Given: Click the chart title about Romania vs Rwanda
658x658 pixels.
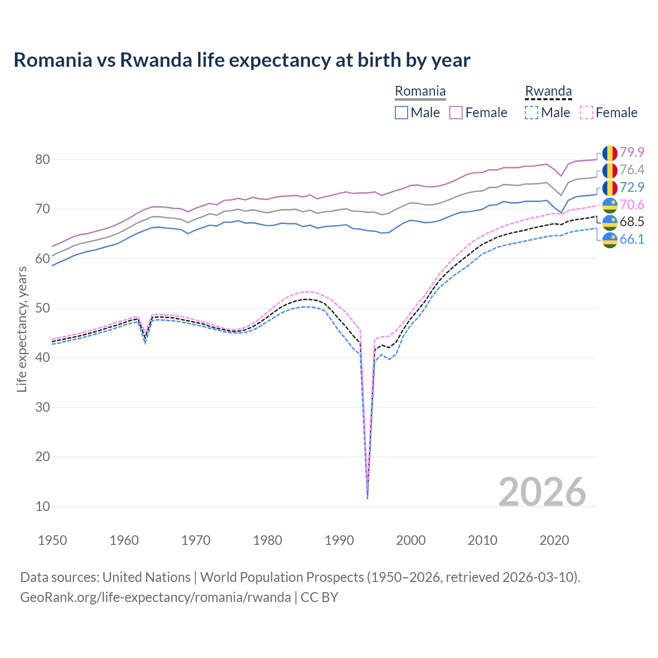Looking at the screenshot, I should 242,60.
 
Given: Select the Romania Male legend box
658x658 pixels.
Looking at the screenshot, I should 401,113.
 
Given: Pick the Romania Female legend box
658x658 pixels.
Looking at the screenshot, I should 456,113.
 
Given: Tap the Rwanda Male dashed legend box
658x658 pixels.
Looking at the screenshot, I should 532,113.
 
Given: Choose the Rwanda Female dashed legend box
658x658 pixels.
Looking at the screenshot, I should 586,113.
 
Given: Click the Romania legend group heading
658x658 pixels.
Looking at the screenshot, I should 420,92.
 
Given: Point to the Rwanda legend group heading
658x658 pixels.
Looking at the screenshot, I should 548,92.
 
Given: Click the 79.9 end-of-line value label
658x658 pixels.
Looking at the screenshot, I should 632,152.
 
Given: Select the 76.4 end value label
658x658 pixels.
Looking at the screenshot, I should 632,170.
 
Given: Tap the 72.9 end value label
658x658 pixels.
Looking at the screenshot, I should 632,187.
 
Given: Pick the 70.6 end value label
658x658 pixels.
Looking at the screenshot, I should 632,205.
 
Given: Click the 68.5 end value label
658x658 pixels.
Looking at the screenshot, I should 632,222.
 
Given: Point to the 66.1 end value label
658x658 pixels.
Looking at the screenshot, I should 632,239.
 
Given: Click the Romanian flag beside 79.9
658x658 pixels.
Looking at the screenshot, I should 610,153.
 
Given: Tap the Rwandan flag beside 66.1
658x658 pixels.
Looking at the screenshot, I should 610,240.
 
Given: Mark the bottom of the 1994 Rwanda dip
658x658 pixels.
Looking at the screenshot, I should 367,498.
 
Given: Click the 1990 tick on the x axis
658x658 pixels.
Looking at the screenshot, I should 339,540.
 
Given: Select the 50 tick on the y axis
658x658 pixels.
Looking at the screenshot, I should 43,308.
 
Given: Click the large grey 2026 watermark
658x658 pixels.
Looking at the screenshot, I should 542,492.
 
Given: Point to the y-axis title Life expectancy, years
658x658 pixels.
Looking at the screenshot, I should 22,329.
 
